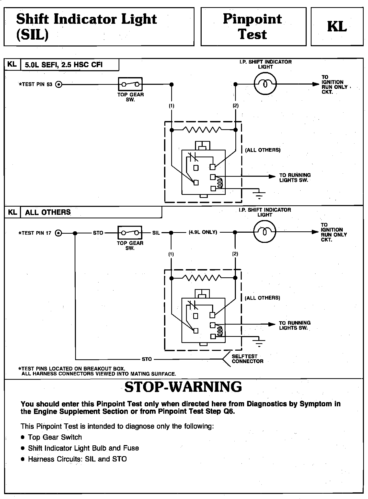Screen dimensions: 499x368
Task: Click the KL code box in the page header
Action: click(x=337, y=27)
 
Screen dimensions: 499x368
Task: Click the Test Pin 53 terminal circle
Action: click(x=59, y=84)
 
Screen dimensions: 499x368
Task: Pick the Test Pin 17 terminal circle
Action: click(x=59, y=233)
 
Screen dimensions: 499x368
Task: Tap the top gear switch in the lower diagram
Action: click(x=130, y=233)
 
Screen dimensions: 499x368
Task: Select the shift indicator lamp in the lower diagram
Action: click(x=264, y=232)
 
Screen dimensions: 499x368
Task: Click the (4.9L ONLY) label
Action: click(x=203, y=232)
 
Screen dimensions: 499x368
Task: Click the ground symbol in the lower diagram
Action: click(x=259, y=343)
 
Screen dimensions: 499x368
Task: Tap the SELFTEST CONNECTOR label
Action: click(x=247, y=359)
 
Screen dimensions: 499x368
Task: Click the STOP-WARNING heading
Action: click(x=183, y=387)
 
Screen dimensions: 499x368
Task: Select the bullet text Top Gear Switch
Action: click(x=55, y=437)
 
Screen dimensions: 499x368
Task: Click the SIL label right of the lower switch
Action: click(x=156, y=233)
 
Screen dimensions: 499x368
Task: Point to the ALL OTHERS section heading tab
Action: click(x=48, y=212)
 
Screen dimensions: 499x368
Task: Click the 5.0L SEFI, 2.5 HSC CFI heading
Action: click(x=64, y=65)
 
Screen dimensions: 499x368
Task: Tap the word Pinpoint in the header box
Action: click(x=252, y=19)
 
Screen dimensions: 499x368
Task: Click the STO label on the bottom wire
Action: click(x=147, y=359)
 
